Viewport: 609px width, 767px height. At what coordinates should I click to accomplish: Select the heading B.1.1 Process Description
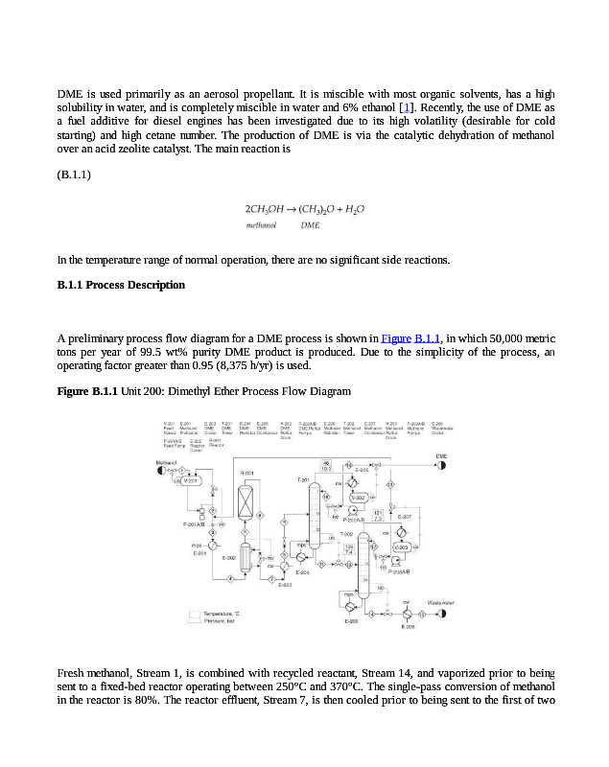click(121, 285)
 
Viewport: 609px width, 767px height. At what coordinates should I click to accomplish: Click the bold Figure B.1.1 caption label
click(87, 391)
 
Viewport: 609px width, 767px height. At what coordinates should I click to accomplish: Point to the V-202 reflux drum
click(359, 499)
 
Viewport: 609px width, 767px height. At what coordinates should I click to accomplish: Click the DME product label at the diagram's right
click(441, 456)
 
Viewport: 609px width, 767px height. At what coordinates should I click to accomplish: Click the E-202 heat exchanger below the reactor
click(245, 556)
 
